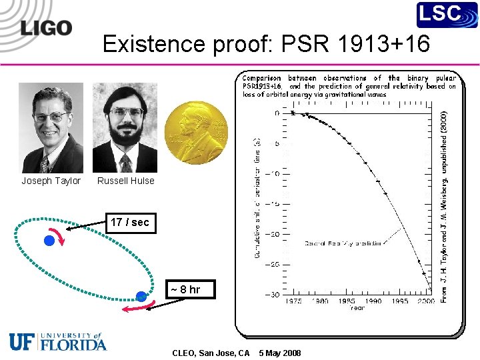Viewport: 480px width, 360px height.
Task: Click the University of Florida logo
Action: (58, 341)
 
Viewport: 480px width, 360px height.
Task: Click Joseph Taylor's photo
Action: (51, 128)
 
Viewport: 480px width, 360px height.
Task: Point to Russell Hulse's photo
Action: (125, 128)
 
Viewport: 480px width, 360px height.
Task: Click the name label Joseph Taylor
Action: (51, 181)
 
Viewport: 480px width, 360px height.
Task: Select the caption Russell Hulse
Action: (125, 181)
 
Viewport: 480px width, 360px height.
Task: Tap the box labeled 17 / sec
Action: (130, 222)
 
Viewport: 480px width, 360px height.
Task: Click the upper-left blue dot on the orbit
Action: (49, 240)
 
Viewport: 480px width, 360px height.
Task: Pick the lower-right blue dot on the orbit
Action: (141, 296)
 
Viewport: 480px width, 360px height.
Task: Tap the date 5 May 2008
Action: (280, 353)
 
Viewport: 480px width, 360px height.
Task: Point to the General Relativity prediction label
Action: (343, 243)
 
